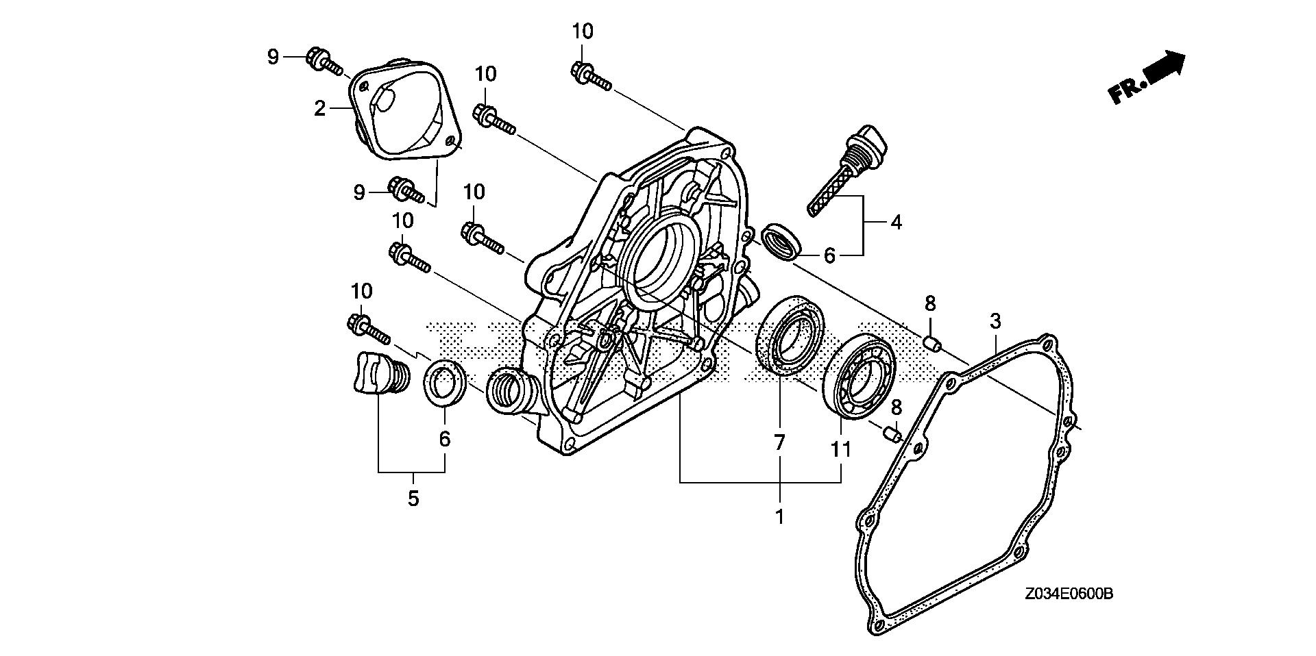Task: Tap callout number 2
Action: [319, 108]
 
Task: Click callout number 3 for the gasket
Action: [995, 320]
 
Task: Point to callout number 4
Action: [896, 222]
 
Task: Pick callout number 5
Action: [413, 499]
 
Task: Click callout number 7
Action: [779, 443]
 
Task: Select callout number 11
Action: [840, 450]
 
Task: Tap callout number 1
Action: [779, 516]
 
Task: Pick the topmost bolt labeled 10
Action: [589, 75]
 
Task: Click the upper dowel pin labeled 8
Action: [930, 342]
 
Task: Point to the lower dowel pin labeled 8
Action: [890, 433]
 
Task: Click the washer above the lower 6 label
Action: [445, 383]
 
